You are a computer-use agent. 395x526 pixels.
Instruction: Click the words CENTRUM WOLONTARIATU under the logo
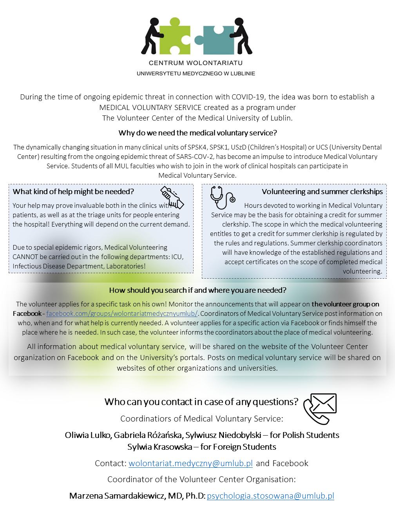pyautogui.click(x=196, y=63)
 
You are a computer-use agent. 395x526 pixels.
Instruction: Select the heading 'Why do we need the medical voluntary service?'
pyautogui.click(x=197, y=133)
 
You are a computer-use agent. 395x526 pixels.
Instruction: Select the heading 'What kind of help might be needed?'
pyautogui.click(x=73, y=192)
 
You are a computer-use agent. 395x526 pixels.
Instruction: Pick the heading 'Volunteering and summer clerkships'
pyautogui.click(x=322, y=192)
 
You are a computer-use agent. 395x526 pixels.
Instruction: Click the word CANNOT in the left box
pyautogui.click(x=25, y=257)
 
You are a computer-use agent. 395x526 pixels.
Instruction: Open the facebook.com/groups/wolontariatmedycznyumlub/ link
pyautogui.click(x=122, y=314)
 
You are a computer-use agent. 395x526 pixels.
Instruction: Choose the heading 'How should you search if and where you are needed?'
pyautogui.click(x=197, y=290)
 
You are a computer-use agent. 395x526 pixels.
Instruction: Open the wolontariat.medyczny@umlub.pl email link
pyautogui.click(x=190, y=463)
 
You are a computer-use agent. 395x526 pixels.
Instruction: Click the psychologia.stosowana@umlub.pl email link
pyautogui.click(x=270, y=496)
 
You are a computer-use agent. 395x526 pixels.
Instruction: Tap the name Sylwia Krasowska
pyautogui.click(x=159, y=447)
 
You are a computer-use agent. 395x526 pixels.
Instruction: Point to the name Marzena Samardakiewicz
pyautogui.click(x=117, y=496)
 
